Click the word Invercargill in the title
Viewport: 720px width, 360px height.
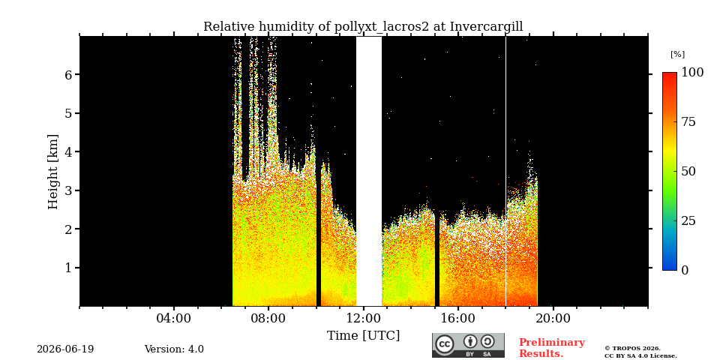(x=486, y=27)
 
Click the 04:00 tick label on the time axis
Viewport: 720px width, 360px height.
(x=173, y=319)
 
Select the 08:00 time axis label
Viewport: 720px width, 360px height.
(x=268, y=319)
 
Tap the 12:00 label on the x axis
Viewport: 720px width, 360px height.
(x=363, y=319)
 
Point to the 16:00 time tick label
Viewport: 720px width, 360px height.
(x=458, y=319)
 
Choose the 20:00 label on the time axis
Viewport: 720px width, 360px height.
(x=553, y=319)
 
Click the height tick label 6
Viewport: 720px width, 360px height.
(x=68, y=74)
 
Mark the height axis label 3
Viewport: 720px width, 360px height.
(x=68, y=190)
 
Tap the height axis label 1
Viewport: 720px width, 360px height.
(x=68, y=268)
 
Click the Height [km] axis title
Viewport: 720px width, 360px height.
(x=53, y=172)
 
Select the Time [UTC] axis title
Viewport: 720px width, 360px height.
(x=363, y=336)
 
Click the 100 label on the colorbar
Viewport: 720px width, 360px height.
(x=692, y=72)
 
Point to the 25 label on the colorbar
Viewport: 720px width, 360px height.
(x=688, y=220)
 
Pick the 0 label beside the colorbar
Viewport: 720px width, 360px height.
(x=685, y=271)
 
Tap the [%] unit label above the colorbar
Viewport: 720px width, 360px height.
(x=677, y=54)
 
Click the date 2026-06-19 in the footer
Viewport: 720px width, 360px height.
(x=65, y=349)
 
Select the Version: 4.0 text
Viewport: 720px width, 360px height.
(x=174, y=349)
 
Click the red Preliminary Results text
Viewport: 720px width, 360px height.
(x=552, y=348)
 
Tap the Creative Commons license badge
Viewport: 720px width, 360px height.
(x=468, y=345)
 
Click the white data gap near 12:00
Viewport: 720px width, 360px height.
(x=369, y=171)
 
